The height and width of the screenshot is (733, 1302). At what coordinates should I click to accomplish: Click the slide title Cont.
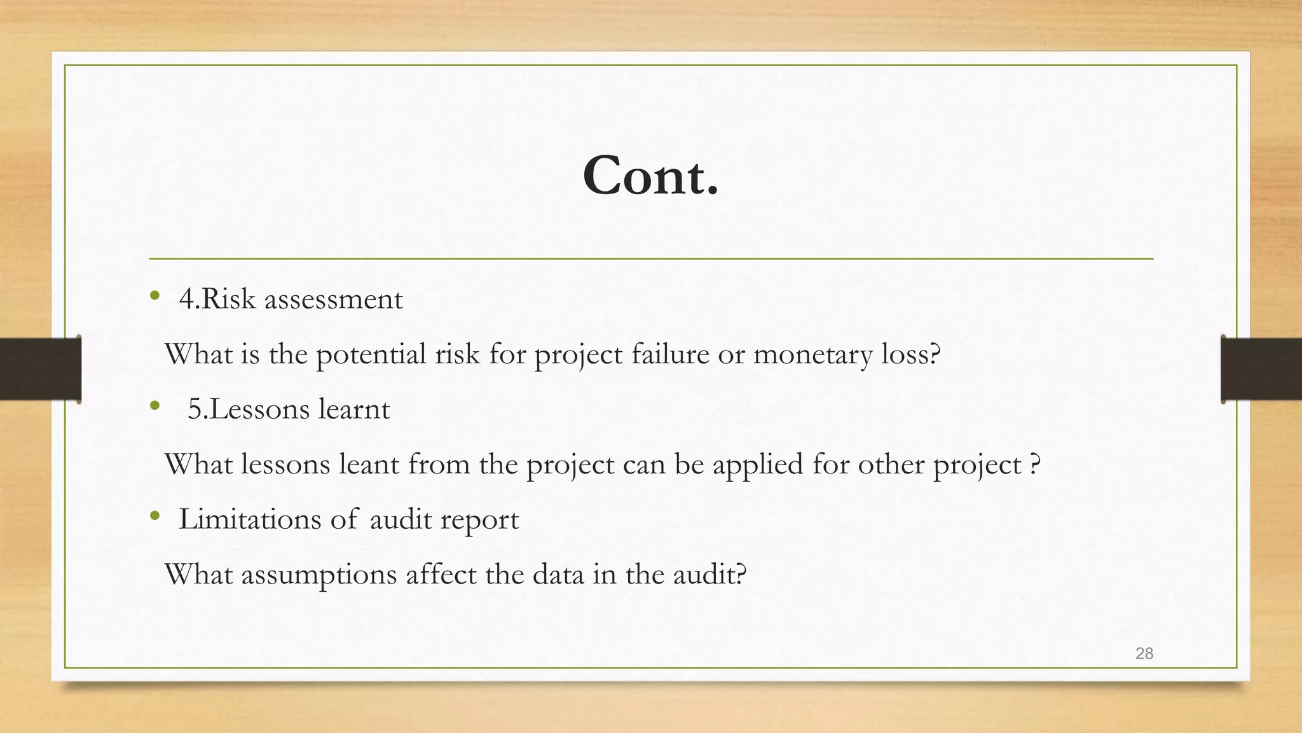click(650, 176)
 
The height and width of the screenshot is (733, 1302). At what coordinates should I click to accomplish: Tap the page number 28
click(1144, 653)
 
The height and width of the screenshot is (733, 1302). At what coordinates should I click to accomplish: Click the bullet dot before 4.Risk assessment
click(154, 295)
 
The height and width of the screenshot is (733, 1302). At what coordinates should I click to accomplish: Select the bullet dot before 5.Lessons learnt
click(154, 405)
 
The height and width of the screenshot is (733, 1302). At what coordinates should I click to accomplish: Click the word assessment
click(333, 299)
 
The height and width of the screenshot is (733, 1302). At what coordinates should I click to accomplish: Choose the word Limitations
click(250, 519)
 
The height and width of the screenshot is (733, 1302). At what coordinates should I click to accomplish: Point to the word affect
click(441, 574)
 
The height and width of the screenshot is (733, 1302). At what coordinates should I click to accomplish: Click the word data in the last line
click(558, 574)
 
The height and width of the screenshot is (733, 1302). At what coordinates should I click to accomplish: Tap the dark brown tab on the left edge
click(40, 369)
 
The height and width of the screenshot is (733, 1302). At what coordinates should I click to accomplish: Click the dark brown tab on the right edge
click(1261, 369)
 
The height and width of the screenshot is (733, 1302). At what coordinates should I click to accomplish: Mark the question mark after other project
click(1034, 464)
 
